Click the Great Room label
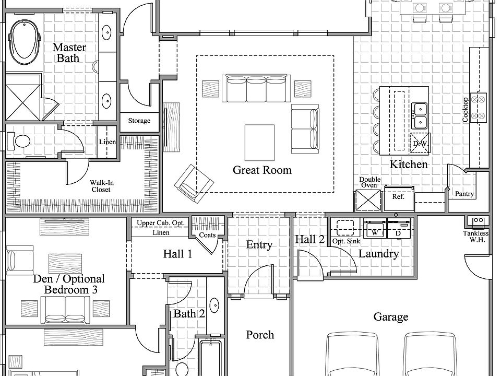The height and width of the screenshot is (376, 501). coord(262,170)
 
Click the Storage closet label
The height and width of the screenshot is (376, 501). coord(139,121)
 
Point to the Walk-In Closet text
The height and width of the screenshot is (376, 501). coord(102,186)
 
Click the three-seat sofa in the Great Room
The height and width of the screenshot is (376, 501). coord(256,88)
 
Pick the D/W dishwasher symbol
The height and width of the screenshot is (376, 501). coord(420,143)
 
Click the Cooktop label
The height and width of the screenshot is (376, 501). coord(466,110)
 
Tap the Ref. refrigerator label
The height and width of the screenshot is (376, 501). coord(398,197)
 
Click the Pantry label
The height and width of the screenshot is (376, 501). coord(464,194)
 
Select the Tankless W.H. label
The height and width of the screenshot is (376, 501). coord(475,237)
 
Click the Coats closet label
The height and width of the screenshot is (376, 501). coord(207,235)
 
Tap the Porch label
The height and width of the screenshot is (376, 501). coord(260,335)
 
